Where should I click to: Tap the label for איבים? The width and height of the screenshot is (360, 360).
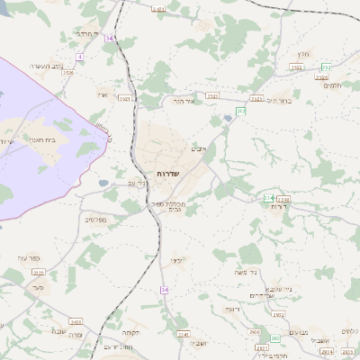pyautogui.click(x=200, y=148)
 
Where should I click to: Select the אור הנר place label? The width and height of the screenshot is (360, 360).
pyautogui.click(x=184, y=102)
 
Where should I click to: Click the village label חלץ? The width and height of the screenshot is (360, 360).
pyautogui.click(x=302, y=55)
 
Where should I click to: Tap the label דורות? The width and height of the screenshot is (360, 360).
pyautogui.click(x=278, y=207)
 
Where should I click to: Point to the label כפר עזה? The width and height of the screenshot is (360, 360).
pyautogui.click(x=29, y=258)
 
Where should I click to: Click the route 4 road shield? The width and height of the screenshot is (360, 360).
pyautogui.click(x=79, y=57)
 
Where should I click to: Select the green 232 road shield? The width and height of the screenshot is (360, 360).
pyautogui.click(x=241, y=111)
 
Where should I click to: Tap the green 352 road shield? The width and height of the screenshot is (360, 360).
pyautogui.click(x=326, y=67)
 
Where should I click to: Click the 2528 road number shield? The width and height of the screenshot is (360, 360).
pyautogui.click(x=67, y=72)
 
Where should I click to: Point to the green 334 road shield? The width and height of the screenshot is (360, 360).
pyautogui.click(x=267, y=197)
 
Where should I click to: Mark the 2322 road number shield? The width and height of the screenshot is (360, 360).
pyautogui.click(x=212, y=94)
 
